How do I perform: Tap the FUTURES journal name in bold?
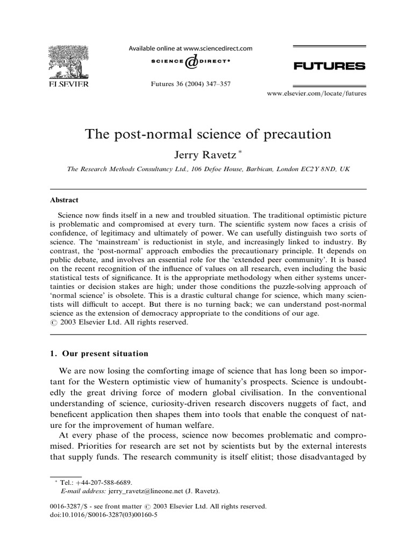329,66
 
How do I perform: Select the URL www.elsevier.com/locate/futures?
317,93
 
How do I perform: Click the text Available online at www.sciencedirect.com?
190,48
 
